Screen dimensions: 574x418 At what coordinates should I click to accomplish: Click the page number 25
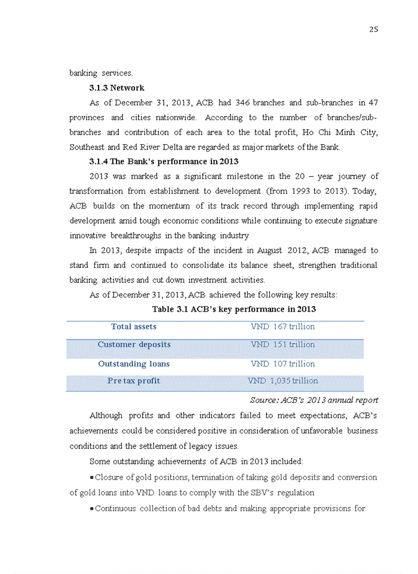coord(373,29)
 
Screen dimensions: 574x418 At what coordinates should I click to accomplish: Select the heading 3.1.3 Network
coord(116,88)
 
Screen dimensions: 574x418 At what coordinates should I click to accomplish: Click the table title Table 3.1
coord(233,309)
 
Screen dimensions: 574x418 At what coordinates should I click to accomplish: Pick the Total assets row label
coord(134,326)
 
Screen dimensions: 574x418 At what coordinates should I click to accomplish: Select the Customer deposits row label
coord(134,344)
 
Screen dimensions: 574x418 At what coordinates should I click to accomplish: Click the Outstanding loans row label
coord(134,364)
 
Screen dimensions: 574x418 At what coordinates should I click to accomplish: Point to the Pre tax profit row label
coord(134,380)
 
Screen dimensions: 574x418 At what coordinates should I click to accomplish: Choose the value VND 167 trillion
coord(282,326)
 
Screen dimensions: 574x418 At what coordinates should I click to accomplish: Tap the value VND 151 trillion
coord(282,344)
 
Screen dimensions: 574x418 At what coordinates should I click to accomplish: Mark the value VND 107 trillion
coord(282,364)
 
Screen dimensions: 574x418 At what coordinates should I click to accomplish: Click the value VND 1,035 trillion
coord(282,380)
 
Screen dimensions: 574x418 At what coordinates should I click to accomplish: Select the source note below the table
coord(314,400)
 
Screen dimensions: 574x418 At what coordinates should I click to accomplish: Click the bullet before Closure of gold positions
coord(91,477)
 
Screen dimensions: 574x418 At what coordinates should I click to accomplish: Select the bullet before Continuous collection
coord(91,508)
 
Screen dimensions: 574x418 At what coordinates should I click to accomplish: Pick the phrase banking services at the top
coord(101,73)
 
